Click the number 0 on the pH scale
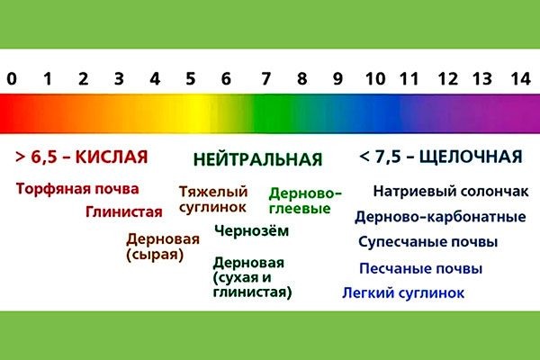click(11, 78)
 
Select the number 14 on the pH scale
click(519, 78)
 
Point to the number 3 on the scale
click(119, 78)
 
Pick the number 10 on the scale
click(375, 78)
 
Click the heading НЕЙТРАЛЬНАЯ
click(257, 160)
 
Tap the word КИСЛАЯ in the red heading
click(111, 157)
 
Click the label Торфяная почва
click(77, 189)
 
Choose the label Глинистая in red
click(124, 212)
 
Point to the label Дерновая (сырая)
click(156, 247)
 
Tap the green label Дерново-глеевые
click(306, 200)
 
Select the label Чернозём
click(252, 230)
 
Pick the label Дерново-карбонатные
click(440, 217)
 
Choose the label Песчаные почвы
click(420, 268)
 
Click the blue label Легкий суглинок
click(403, 292)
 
